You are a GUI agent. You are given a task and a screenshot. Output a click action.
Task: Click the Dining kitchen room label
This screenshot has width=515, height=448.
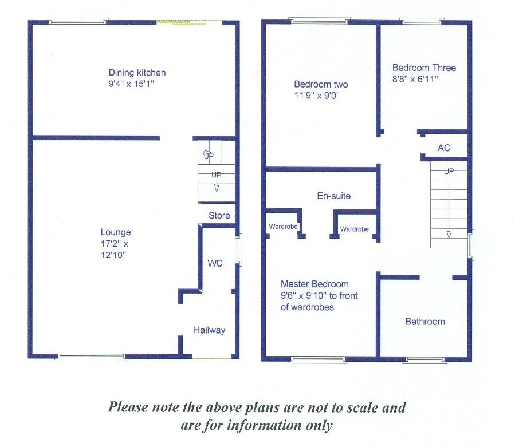(137, 73)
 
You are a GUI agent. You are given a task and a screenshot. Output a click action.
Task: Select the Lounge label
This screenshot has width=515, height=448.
(116, 232)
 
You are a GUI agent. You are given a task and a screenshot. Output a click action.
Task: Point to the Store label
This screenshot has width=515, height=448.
(219, 216)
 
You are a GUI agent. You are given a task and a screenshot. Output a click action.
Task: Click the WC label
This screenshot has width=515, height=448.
(215, 263)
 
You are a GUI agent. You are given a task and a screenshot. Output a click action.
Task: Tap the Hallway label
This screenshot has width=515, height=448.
(209, 330)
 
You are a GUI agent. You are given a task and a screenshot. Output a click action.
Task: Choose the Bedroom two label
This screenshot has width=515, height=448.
(321, 85)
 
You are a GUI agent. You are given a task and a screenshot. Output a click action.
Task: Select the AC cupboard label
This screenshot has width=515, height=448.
(444, 148)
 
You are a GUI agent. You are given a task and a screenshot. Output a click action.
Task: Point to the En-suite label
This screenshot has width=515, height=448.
(333, 196)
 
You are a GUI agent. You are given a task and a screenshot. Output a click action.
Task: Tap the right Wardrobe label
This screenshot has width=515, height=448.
(354, 229)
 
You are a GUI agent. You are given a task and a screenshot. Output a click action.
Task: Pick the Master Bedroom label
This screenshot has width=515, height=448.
(314, 284)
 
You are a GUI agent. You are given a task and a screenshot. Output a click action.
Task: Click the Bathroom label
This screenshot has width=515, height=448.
(425, 322)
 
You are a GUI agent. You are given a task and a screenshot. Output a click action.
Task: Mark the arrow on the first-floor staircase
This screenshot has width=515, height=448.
(449, 233)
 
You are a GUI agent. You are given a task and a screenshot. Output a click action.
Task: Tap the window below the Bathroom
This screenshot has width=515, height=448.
(424, 360)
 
